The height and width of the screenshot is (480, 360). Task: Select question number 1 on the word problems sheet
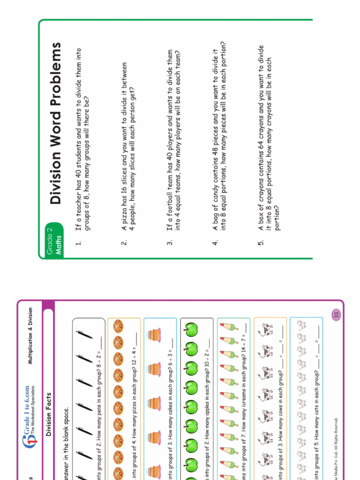point(78,242)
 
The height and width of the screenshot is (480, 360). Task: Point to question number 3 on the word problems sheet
point(170,242)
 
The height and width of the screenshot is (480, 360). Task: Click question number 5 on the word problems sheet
point(261,242)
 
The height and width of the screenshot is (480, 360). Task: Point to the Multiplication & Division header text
point(30,336)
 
